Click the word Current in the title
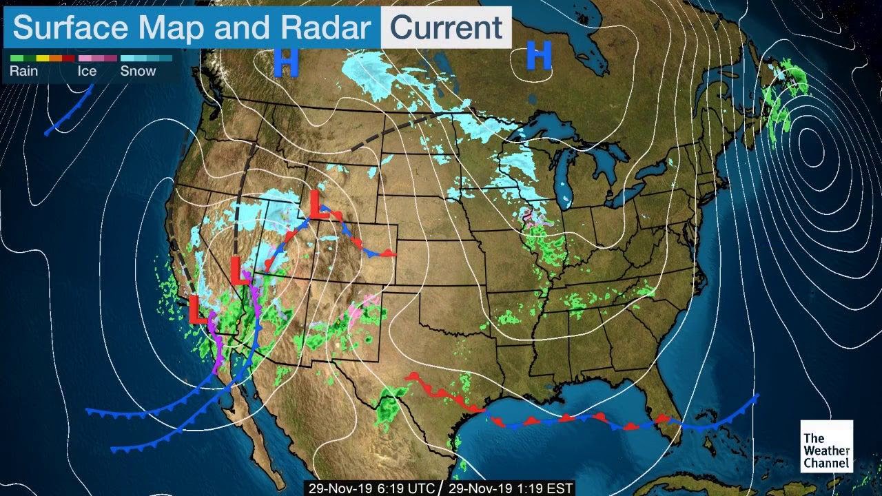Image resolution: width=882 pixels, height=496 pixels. (x=447, y=28)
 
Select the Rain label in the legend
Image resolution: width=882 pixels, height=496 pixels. (x=24, y=71)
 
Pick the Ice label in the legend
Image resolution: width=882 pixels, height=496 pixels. (x=88, y=71)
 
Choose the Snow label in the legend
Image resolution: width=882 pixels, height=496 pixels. (x=138, y=71)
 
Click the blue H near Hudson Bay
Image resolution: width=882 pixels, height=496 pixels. (x=540, y=55)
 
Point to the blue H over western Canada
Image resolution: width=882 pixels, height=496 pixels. (x=286, y=62)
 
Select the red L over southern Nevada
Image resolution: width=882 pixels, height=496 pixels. (x=239, y=270)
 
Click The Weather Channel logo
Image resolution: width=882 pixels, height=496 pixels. (x=826, y=446)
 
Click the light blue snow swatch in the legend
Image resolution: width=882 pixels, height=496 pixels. (x=138, y=59)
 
